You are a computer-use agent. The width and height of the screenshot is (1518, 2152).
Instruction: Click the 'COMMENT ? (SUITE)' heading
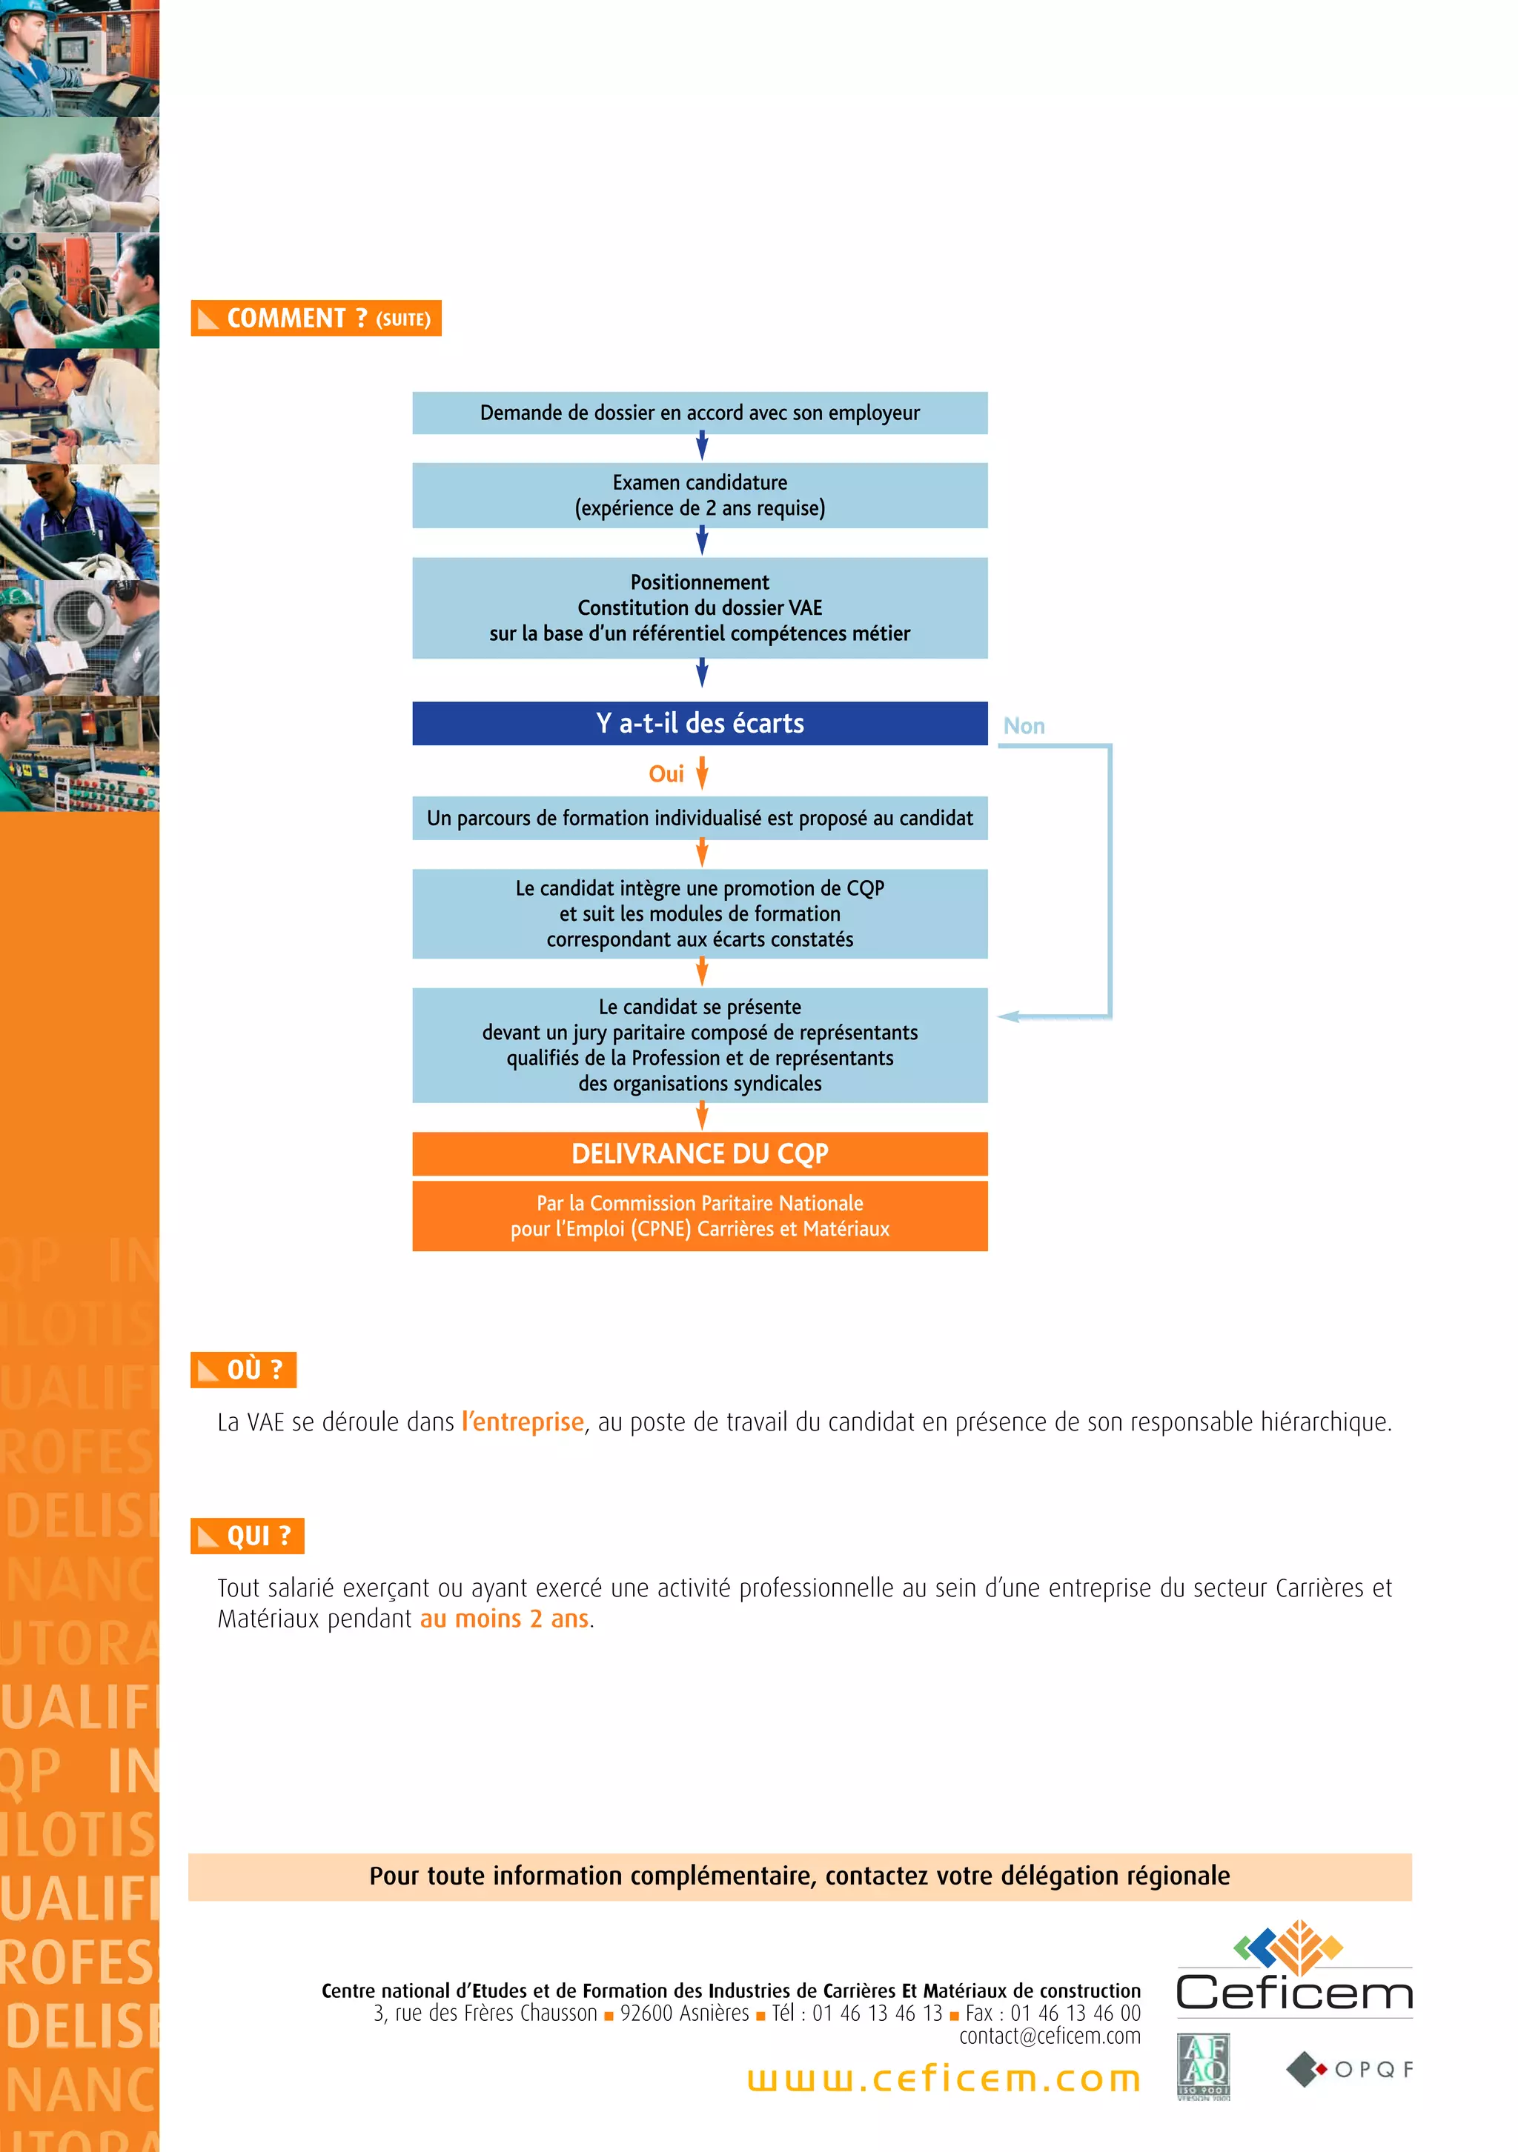316,319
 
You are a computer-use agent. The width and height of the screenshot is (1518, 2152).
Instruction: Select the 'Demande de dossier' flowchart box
700,413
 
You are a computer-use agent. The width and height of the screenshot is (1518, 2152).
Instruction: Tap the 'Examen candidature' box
700,495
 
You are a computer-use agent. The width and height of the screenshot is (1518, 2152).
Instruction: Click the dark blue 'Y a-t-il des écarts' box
700,724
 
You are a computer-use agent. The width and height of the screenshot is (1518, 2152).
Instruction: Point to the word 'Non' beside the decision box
1023,727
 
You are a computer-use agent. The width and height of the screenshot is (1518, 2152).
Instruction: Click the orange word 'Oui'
666,774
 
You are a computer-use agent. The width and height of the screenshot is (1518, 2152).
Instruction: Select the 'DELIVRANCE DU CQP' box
700,1154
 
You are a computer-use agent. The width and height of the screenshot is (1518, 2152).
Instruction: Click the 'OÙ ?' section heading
244,1370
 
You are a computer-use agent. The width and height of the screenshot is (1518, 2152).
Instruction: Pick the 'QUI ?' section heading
248,1536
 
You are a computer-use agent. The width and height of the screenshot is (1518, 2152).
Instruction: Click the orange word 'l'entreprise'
523,1423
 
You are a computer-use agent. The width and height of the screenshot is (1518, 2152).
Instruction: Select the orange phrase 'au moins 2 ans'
505,1619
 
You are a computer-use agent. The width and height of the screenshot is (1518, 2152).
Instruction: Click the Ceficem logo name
1294,1993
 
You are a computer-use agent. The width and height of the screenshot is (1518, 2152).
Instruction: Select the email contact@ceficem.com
1050,2036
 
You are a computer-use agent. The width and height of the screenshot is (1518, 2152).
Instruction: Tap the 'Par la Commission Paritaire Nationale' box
700,1216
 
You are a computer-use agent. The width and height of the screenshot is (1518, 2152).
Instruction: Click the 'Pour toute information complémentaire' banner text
799,1876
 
